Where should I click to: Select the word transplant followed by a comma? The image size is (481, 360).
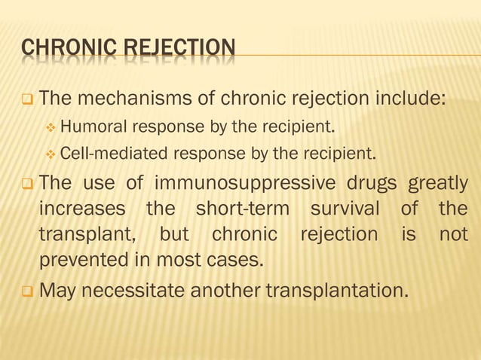[85, 236]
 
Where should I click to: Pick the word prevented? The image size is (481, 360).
[84, 261]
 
